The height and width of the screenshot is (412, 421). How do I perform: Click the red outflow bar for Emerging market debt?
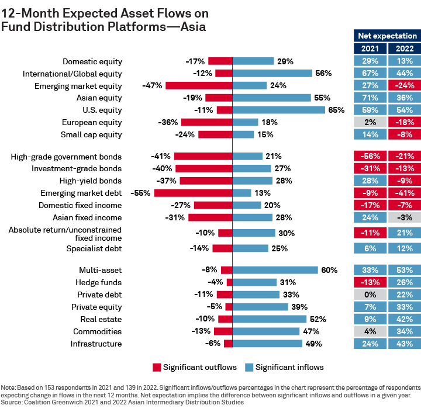194,193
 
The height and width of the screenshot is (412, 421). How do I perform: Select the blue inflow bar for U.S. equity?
279,110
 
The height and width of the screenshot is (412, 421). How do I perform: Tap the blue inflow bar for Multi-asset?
275,270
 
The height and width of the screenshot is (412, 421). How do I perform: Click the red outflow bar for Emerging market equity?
199,85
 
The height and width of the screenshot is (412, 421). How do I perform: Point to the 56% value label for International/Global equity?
323,73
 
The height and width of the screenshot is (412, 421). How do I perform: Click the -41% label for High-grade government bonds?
161,157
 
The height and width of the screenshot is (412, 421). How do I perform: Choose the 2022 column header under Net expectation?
405,49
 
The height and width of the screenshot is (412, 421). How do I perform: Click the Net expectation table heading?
387,36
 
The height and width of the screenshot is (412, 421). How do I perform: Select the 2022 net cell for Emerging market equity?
405,85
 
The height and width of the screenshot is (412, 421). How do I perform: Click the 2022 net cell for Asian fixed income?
405,217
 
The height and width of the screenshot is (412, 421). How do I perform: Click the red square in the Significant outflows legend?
157,367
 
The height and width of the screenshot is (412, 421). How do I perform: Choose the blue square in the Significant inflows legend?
249,367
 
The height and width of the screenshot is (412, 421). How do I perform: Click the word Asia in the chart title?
191,27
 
